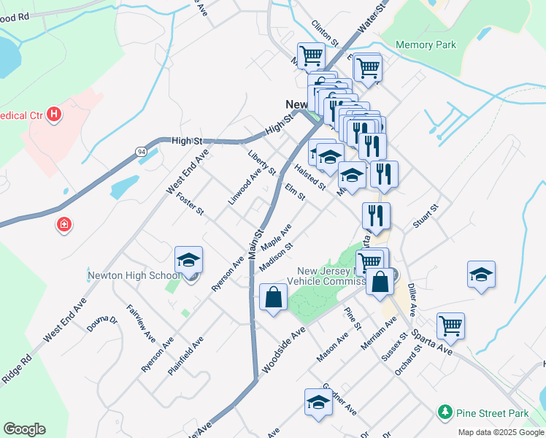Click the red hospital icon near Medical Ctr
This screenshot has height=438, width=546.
pyautogui.click(x=54, y=114)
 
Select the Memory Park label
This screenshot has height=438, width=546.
pyautogui.click(x=426, y=45)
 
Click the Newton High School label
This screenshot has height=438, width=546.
pyautogui.click(x=134, y=275)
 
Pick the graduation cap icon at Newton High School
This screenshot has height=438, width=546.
pyautogui.click(x=188, y=261)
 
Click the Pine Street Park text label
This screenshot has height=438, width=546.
pyautogui.click(x=492, y=413)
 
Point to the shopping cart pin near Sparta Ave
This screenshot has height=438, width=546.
pyautogui.click(x=450, y=326)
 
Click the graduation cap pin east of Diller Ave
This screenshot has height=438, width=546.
pyautogui.click(x=481, y=274)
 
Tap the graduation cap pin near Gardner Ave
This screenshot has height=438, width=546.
pyautogui.click(x=318, y=402)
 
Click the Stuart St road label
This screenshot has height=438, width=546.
pyautogui.click(x=425, y=217)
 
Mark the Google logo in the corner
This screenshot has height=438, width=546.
pyautogui.click(x=24, y=429)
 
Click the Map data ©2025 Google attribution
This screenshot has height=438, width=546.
pyautogui.click(x=500, y=432)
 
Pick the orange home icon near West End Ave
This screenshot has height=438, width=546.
pyautogui.click(x=65, y=223)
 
